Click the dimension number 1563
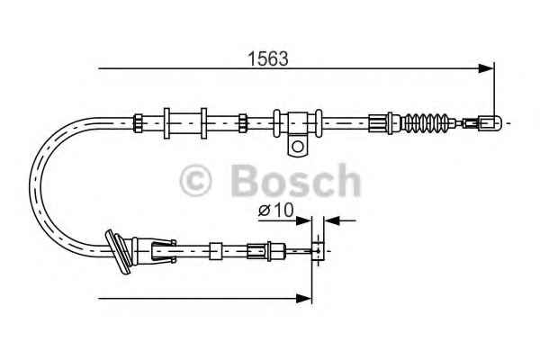[x=268, y=58]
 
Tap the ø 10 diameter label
[x=276, y=210]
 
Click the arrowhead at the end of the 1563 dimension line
[x=486, y=68]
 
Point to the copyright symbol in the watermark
[x=195, y=181]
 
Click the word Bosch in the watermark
[x=296, y=180]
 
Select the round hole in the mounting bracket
[x=298, y=147]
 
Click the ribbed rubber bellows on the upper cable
[x=427, y=122]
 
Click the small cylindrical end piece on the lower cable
[x=318, y=250]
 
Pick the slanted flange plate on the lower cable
[x=118, y=251]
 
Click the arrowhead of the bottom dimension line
[x=304, y=298]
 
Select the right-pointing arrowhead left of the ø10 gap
[x=304, y=220]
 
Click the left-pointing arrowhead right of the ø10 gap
[x=332, y=220]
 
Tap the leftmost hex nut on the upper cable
[x=138, y=123]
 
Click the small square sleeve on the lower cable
[x=216, y=251]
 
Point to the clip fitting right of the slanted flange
[x=163, y=250]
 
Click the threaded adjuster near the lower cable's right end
[x=266, y=250]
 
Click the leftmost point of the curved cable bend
[x=30, y=186]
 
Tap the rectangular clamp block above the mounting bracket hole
[x=298, y=123]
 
